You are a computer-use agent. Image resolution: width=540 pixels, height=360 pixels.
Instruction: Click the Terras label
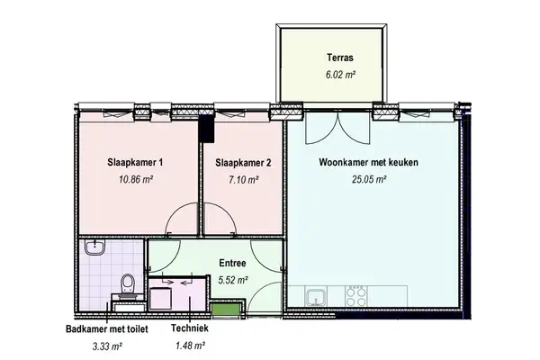click(340, 59)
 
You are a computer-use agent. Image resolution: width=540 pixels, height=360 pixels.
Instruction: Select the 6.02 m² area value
click(340, 76)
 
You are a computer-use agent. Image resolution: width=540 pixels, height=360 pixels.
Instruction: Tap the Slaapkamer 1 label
click(135, 163)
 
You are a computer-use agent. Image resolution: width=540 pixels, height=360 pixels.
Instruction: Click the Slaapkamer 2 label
click(243, 163)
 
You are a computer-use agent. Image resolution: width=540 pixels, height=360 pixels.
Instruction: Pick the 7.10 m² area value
click(243, 179)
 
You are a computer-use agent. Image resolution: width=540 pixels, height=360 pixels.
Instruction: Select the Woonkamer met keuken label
click(368, 163)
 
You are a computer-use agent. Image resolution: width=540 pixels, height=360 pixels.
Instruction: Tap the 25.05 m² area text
click(368, 179)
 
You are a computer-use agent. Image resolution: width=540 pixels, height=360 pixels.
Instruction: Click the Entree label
click(233, 264)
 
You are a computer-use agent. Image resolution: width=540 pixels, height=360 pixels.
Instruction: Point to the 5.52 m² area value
click(233, 280)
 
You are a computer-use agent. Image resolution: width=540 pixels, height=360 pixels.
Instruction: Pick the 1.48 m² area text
click(190, 346)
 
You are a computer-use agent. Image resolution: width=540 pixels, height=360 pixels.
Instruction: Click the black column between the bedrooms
click(207, 130)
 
